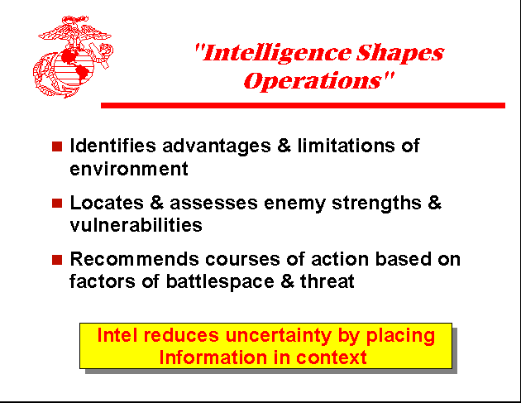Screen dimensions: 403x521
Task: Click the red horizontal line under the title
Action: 302,105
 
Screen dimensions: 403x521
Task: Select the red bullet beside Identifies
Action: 57,146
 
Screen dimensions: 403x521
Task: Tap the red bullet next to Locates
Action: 57,203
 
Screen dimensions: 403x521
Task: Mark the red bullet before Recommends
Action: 57,260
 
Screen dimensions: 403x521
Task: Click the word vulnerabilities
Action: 136,225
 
